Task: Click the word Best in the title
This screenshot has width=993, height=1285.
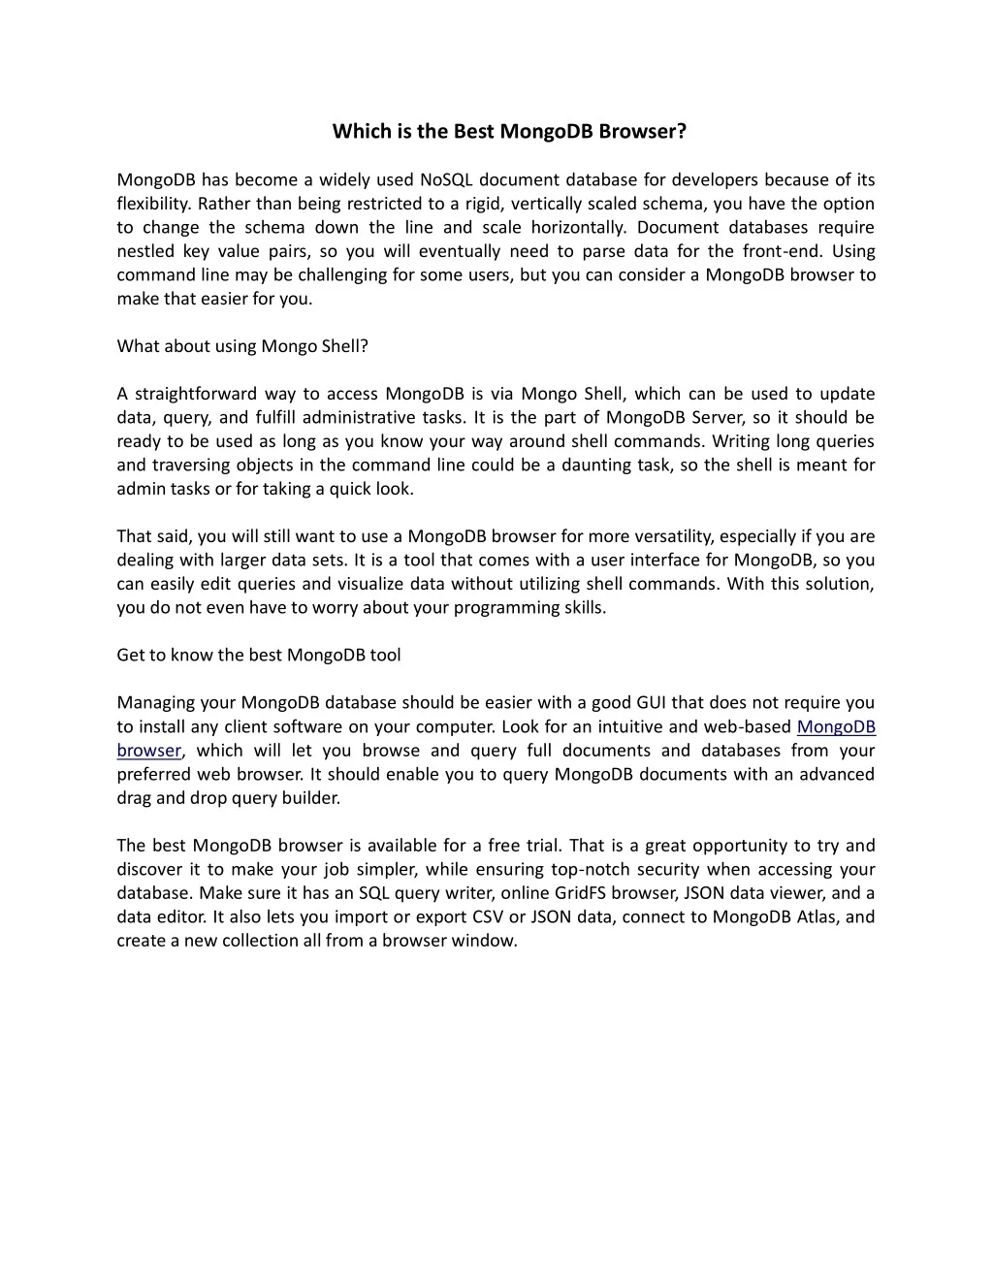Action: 473,131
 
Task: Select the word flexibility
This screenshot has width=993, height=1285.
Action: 154,204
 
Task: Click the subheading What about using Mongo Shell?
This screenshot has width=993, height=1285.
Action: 242,346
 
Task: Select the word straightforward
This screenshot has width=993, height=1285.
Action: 195,394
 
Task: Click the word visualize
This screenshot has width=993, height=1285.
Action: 369,584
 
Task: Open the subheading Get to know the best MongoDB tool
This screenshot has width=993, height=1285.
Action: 258,655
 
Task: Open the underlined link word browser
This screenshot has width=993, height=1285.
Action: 148,751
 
